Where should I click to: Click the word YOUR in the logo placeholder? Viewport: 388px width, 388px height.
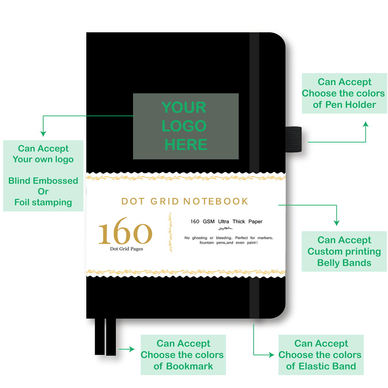(x=184, y=107)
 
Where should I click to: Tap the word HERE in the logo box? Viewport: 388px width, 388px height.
(x=186, y=145)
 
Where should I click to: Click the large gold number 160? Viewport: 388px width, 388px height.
(x=125, y=232)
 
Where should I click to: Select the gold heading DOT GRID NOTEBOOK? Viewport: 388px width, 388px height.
(x=185, y=201)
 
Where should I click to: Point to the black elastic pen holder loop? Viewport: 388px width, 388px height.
(x=294, y=139)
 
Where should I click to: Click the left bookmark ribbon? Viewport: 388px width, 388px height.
(x=100, y=337)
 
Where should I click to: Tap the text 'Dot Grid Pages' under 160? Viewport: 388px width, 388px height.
(x=126, y=249)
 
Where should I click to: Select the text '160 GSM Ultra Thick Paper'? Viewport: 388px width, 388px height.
(x=226, y=221)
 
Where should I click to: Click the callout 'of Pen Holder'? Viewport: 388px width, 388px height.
(x=344, y=105)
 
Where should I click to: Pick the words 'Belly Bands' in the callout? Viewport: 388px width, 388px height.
(x=344, y=263)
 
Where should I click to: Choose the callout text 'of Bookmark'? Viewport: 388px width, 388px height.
(x=183, y=366)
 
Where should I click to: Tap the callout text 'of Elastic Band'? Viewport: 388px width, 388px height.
(x=321, y=366)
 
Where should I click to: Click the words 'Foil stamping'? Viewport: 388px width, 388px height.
(x=43, y=202)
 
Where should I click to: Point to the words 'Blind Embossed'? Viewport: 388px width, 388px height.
(x=43, y=181)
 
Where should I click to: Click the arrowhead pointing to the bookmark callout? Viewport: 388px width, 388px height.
(x=132, y=349)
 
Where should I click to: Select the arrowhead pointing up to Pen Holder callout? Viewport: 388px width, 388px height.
(x=366, y=124)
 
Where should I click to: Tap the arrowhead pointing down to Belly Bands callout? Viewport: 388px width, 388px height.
(x=337, y=223)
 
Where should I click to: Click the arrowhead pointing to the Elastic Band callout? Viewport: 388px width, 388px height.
(x=272, y=355)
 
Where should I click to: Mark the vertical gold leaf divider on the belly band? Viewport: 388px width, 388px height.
(x=170, y=232)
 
